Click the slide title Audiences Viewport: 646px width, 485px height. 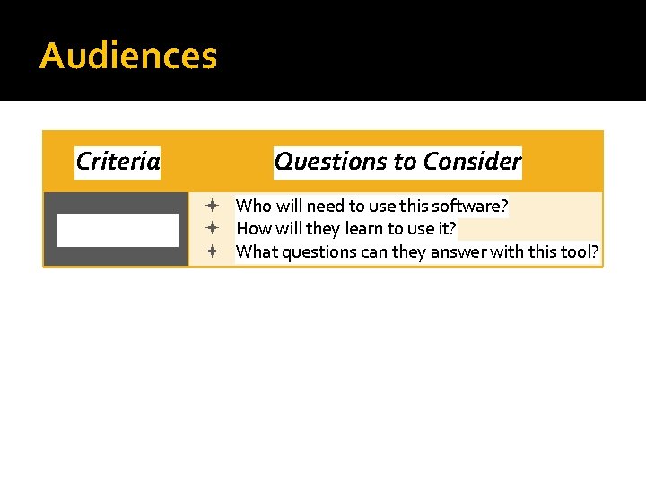[128, 56]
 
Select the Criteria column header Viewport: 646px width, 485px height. [118, 162]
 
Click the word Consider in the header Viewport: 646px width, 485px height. [472, 162]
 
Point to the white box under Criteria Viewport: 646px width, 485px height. [118, 230]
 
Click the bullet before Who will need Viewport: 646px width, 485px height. [207, 207]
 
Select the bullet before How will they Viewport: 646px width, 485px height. [207, 229]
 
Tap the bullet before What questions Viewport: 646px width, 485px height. [207, 251]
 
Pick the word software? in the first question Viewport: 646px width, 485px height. [476, 207]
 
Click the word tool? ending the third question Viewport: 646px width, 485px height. [581, 251]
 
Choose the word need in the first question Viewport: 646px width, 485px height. [325, 207]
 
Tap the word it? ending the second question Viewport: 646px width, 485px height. [446, 229]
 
